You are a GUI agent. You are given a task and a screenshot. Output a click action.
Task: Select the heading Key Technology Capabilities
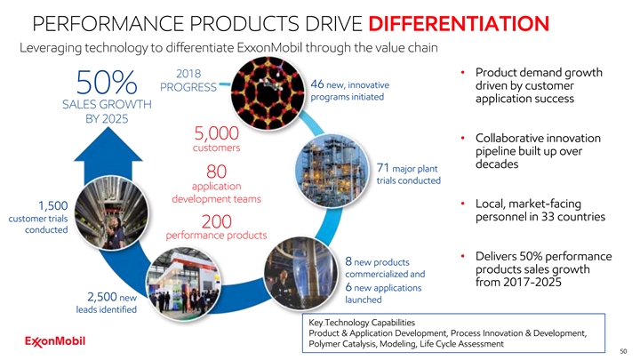(x=372, y=322)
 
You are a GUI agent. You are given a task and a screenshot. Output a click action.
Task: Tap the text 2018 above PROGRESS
(x=188, y=72)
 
